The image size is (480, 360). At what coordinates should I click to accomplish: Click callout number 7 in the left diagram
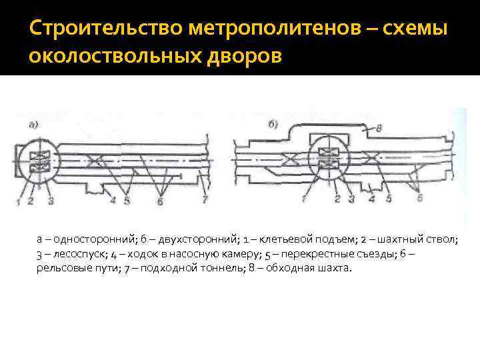pyautogui.click(x=205, y=199)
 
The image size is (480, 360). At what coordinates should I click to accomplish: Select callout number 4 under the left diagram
pyautogui.click(x=113, y=199)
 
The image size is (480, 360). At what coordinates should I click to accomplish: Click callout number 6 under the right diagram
pyautogui.click(x=419, y=198)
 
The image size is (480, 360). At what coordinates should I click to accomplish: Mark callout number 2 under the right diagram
pyautogui.click(x=337, y=199)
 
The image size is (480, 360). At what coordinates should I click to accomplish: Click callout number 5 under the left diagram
pyautogui.click(x=127, y=199)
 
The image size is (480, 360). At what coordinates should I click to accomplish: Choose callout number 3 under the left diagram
pyautogui.click(x=51, y=200)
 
